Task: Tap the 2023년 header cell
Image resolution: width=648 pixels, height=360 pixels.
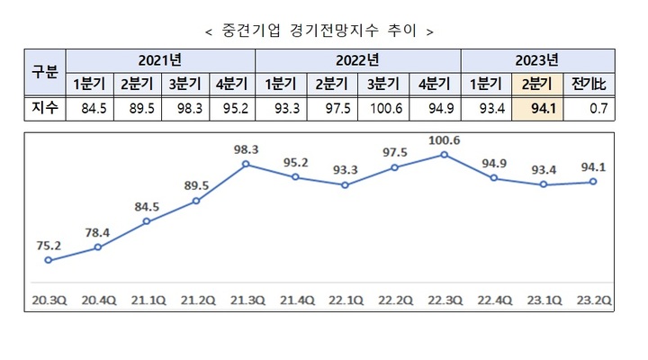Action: [x=538, y=61]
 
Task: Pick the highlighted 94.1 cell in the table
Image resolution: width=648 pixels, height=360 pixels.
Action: [x=538, y=109]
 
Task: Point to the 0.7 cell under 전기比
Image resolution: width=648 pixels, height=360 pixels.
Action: [x=591, y=109]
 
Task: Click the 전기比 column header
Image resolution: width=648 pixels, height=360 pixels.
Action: [x=591, y=85]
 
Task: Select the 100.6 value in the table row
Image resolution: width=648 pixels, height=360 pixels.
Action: [x=384, y=109]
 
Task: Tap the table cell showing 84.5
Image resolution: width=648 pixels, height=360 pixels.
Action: [x=94, y=109]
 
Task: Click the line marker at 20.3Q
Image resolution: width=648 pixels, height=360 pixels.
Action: [x=48, y=261]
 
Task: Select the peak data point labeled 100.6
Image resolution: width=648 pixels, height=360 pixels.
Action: [x=444, y=155]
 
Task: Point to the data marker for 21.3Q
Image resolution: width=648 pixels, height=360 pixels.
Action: [x=246, y=165]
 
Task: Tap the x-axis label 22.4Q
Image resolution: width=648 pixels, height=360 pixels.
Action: [x=493, y=299]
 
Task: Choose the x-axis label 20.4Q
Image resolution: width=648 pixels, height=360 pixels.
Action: [x=97, y=299]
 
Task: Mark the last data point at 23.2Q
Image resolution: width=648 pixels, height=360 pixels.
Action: [x=592, y=182]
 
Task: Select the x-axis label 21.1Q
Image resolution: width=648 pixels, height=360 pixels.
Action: [x=147, y=299]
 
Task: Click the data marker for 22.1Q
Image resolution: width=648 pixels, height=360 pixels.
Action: [x=345, y=185]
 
